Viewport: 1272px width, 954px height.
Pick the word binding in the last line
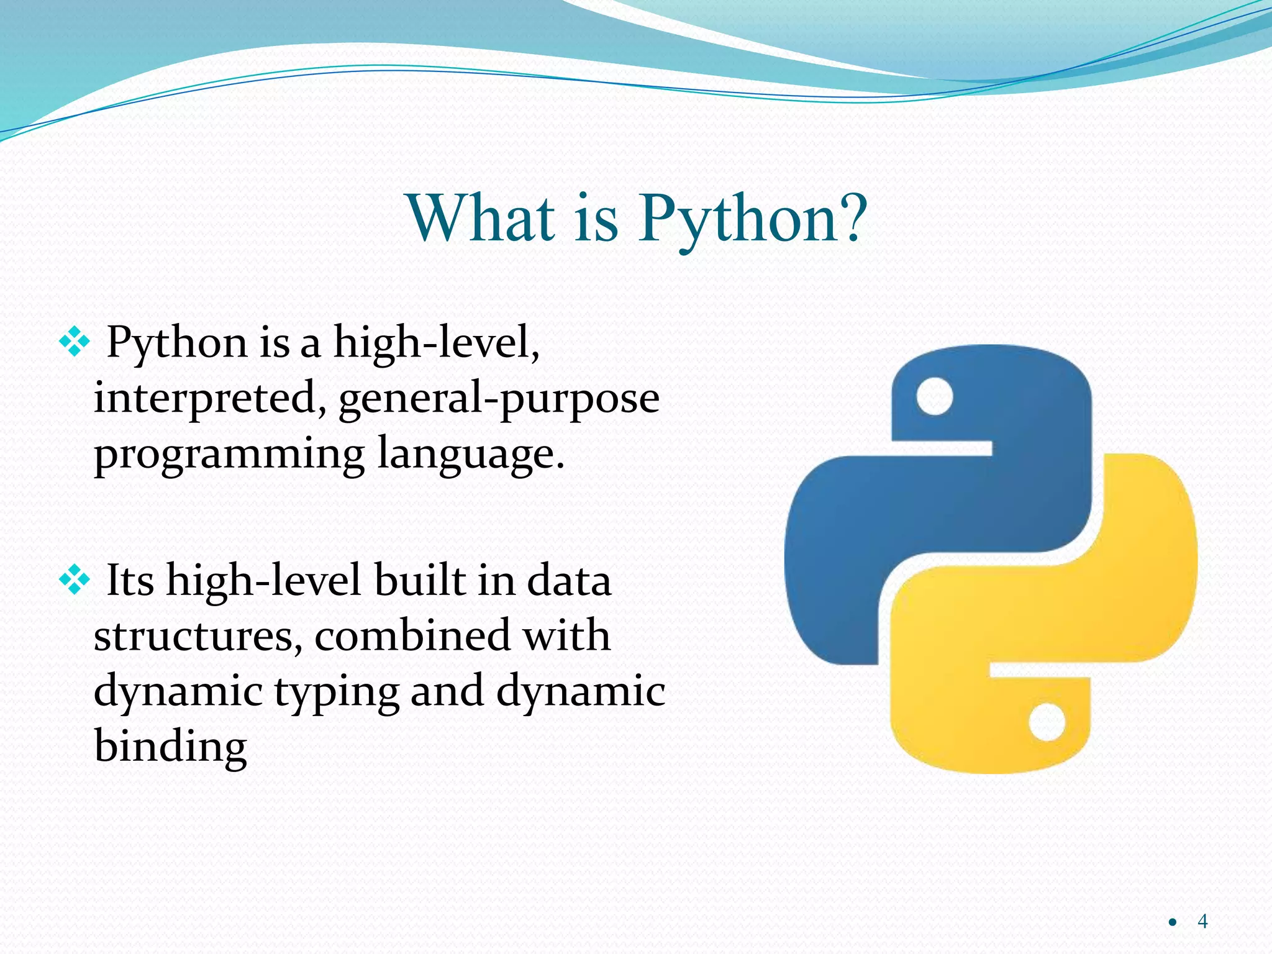(x=170, y=747)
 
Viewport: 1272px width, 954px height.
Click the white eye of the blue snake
(x=934, y=396)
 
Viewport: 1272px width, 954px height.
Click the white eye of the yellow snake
(x=1047, y=722)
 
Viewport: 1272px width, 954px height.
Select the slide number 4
(x=1202, y=920)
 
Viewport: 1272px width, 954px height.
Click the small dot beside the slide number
(x=1172, y=922)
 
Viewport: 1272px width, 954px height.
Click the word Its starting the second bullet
(x=130, y=580)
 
